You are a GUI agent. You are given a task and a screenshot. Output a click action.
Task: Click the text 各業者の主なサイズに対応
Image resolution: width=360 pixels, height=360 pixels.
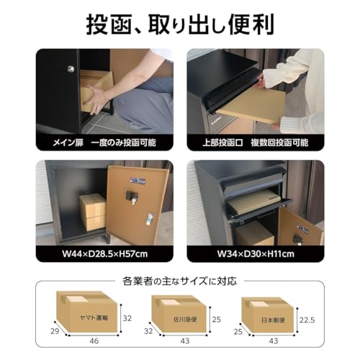click(x=180, y=281)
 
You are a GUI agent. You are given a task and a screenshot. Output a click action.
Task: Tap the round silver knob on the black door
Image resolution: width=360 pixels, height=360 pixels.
click(x=70, y=69)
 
